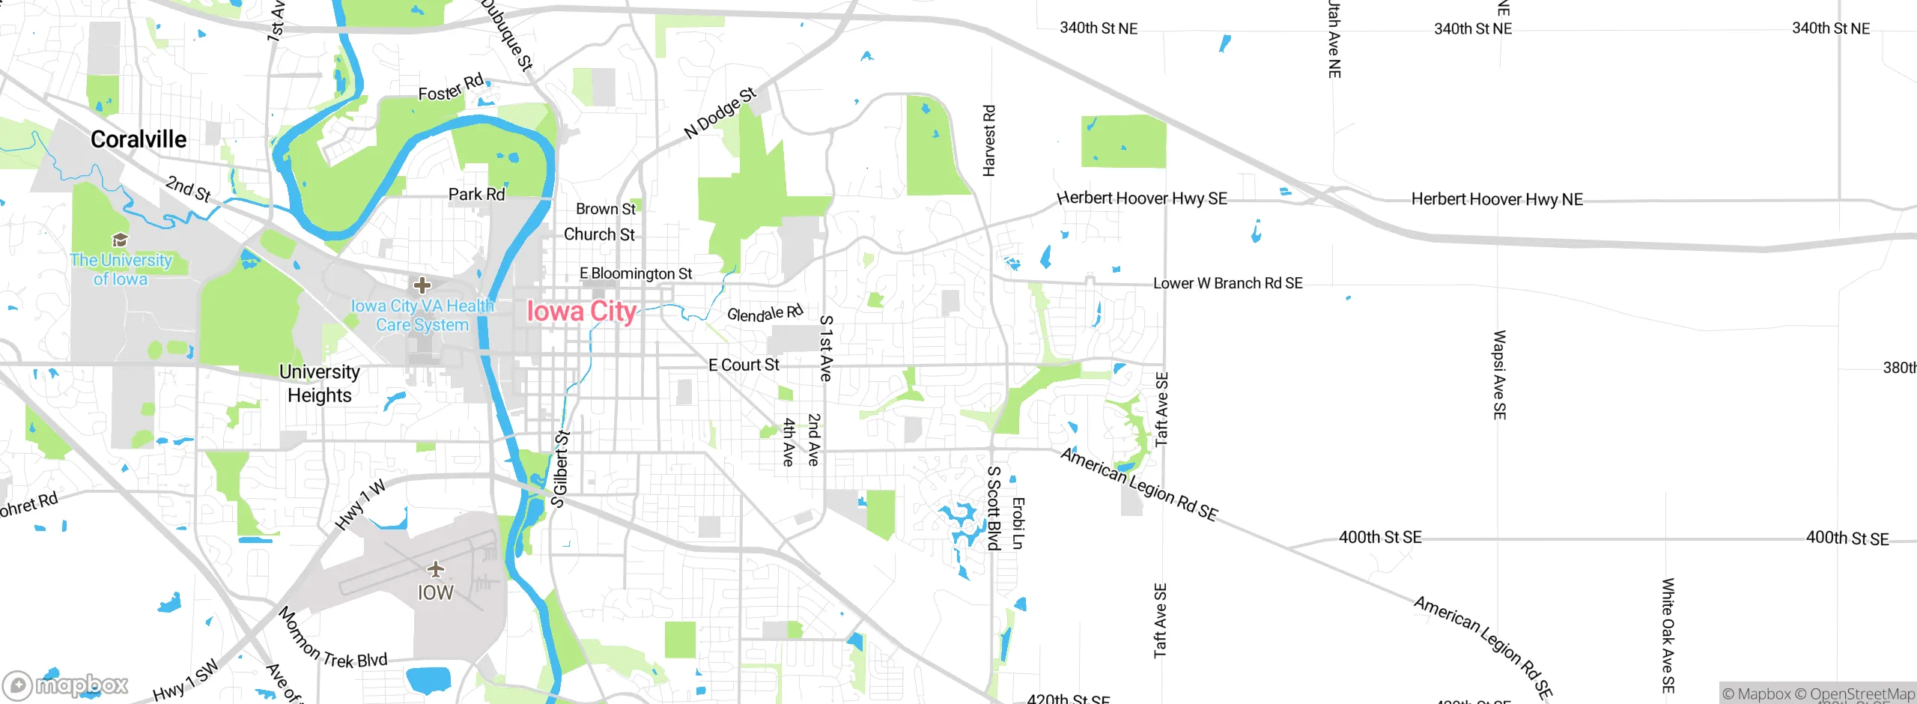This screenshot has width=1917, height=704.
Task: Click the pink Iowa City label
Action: (x=581, y=311)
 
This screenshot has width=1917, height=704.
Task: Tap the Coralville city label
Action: (x=139, y=139)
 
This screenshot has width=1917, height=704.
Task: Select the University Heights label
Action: (x=319, y=383)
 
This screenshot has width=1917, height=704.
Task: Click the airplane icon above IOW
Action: (x=435, y=570)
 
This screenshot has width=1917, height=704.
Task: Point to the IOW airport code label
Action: (x=435, y=592)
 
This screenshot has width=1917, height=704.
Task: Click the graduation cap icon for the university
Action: (x=120, y=240)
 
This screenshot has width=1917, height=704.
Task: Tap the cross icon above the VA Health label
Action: (x=422, y=285)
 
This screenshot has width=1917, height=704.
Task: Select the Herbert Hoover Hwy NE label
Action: (x=1496, y=199)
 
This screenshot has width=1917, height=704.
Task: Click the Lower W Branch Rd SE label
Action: (x=1227, y=283)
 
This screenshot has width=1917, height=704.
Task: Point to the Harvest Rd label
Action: (x=988, y=141)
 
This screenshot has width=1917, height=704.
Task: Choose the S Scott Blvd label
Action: (x=994, y=508)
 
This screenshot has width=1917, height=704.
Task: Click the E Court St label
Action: (x=744, y=365)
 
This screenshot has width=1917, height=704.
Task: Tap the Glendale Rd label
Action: (x=765, y=313)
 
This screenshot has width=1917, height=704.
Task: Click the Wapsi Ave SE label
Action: (x=1499, y=374)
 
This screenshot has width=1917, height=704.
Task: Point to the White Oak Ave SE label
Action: (x=1668, y=635)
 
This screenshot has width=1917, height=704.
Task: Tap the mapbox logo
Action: (x=66, y=685)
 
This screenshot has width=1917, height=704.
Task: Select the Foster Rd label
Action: (x=451, y=88)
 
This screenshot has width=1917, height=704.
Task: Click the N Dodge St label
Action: (x=720, y=113)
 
